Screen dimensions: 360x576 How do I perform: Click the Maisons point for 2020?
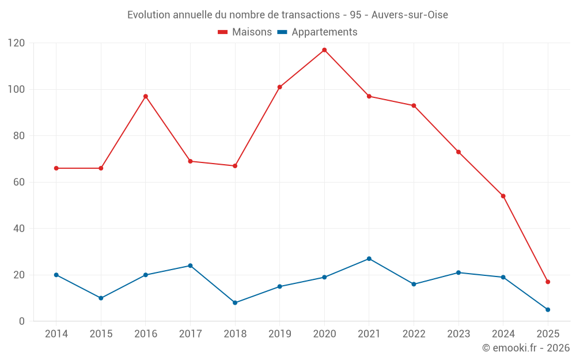pyautogui.click(x=324, y=50)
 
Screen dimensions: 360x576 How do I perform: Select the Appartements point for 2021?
pyautogui.click(x=369, y=259)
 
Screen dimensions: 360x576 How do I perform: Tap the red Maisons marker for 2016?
pyautogui.click(x=146, y=96)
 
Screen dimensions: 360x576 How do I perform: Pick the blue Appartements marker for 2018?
pyautogui.click(x=235, y=302)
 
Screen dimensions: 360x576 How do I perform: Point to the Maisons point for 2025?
pyautogui.click(x=548, y=282)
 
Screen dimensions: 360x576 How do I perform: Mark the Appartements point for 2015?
pyautogui.click(x=101, y=298)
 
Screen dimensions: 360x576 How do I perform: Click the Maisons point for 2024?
pyautogui.click(x=503, y=196)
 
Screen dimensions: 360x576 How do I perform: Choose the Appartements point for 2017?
pyautogui.click(x=190, y=266)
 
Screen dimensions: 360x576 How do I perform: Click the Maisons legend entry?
pyautogui.click(x=245, y=32)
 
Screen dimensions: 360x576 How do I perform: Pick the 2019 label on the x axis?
pyautogui.click(x=279, y=334)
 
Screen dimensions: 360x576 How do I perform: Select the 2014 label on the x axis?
pyautogui.click(x=56, y=334)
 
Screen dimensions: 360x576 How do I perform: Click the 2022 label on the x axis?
pyautogui.click(x=414, y=334)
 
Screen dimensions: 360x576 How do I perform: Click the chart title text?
pyautogui.click(x=287, y=15)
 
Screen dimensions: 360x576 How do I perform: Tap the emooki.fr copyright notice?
pyautogui.click(x=525, y=348)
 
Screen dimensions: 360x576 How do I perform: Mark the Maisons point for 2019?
pyautogui.click(x=279, y=87)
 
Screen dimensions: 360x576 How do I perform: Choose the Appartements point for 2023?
pyautogui.click(x=458, y=272)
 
